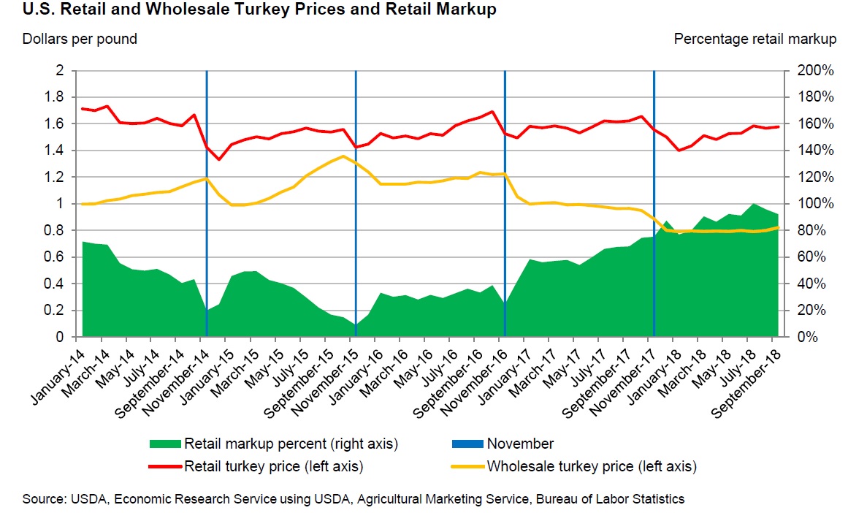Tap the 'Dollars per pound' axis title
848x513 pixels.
pos(80,39)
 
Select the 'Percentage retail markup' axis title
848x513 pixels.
pos(755,39)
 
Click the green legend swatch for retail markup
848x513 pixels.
pos(164,444)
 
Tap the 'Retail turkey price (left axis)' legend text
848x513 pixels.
pos(274,465)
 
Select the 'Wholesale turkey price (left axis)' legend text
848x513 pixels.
pos(592,465)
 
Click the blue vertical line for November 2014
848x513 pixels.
pos(207,219)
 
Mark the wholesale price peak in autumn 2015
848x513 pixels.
pos(343,156)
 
